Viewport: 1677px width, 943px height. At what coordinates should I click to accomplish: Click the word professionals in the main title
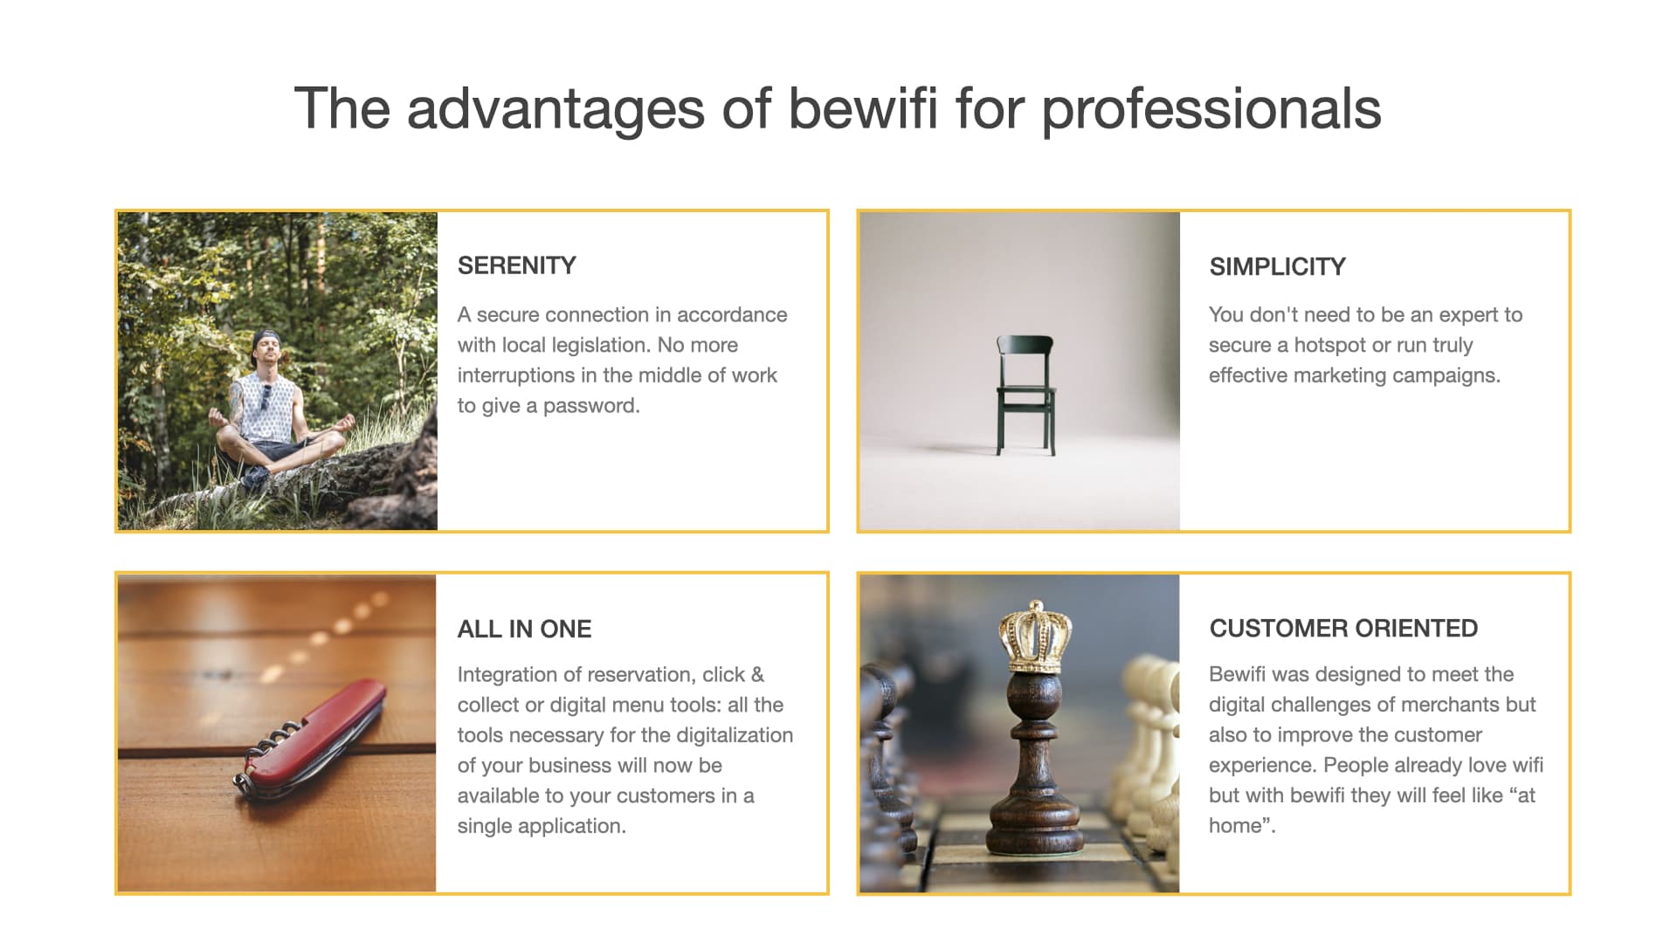coord(1211,111)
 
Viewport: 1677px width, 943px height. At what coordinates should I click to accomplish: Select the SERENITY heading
coord(517,265)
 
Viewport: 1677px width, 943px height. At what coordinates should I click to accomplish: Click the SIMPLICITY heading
coord(1278,266)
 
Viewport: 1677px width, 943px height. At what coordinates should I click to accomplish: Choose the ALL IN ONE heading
coord(525,629)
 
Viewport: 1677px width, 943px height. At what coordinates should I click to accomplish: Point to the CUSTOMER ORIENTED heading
coord(1344,629)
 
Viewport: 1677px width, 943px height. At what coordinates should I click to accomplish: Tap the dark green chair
coord(1025,395)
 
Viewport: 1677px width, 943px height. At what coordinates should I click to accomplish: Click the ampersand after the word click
coord(757,675)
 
